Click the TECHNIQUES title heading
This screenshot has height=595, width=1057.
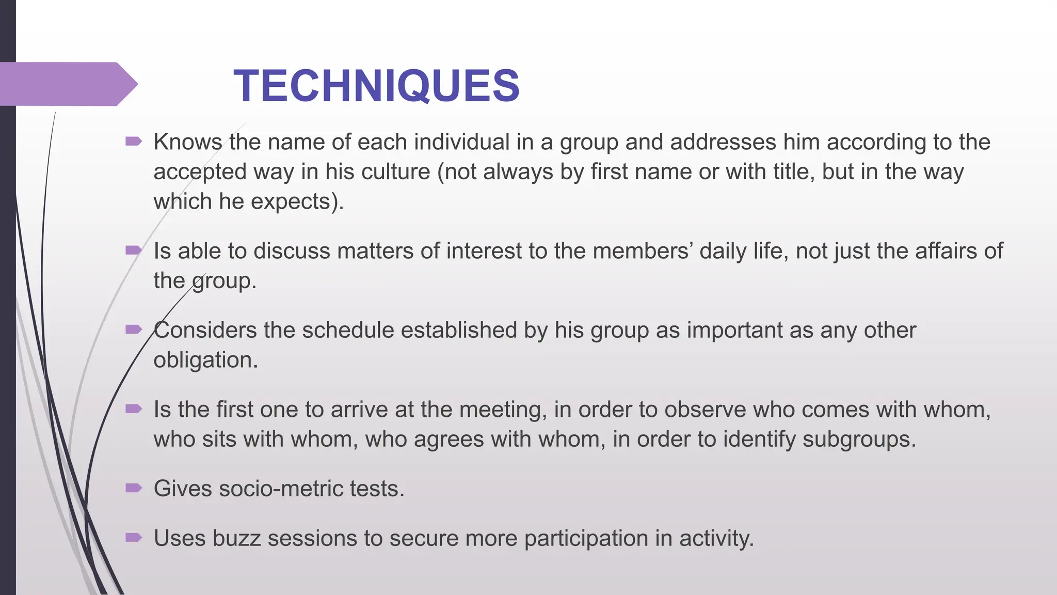click(376, 86)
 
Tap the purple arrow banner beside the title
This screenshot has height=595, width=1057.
click(67, 84)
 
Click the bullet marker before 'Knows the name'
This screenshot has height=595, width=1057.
click(133, 141)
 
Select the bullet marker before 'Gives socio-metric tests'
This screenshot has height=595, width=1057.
click(133, 488)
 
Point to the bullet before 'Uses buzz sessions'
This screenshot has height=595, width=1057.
click(133, 538)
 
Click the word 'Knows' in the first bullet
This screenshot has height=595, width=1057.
click(187, 142)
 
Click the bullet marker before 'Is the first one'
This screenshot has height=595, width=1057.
click(133, 409)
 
